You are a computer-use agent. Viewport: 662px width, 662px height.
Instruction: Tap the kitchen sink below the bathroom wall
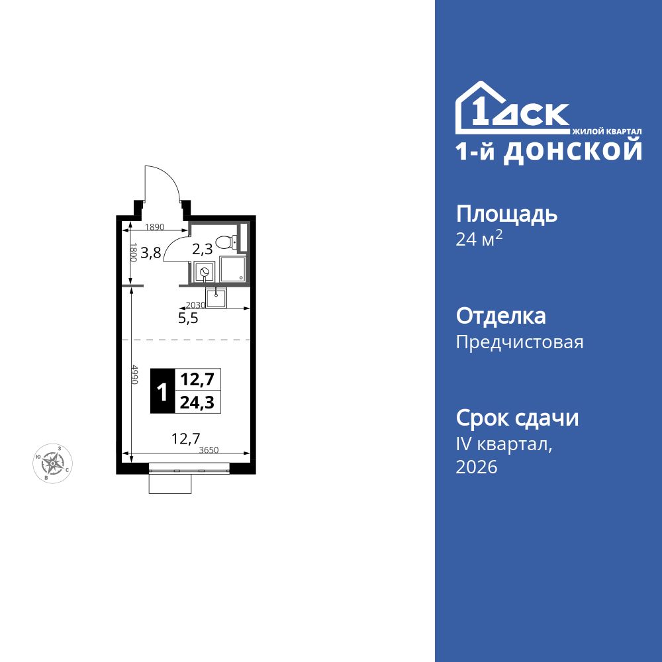pyautogui.click(x=216, y=298)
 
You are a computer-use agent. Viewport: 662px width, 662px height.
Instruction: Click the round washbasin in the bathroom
pyautogui.click(x=205, y=271)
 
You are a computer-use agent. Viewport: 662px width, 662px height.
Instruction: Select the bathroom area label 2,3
pyautogui.click(x=202, y=250)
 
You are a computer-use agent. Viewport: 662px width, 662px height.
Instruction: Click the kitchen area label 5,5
pyautogui.click(x=188, y=318)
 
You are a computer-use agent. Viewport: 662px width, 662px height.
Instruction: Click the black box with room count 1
pyautogui.click(x=161, y=391)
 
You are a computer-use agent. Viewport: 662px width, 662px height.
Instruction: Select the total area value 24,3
pyautogui.click(x=197, y=402)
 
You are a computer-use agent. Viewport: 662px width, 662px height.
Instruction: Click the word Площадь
pyautogui.click(x=506, y=214)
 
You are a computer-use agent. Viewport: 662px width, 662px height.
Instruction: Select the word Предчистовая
pyautogui.click(x=520, y=342)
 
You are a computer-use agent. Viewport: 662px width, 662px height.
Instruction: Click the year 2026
pyautogui.click(x=477, y=467)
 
